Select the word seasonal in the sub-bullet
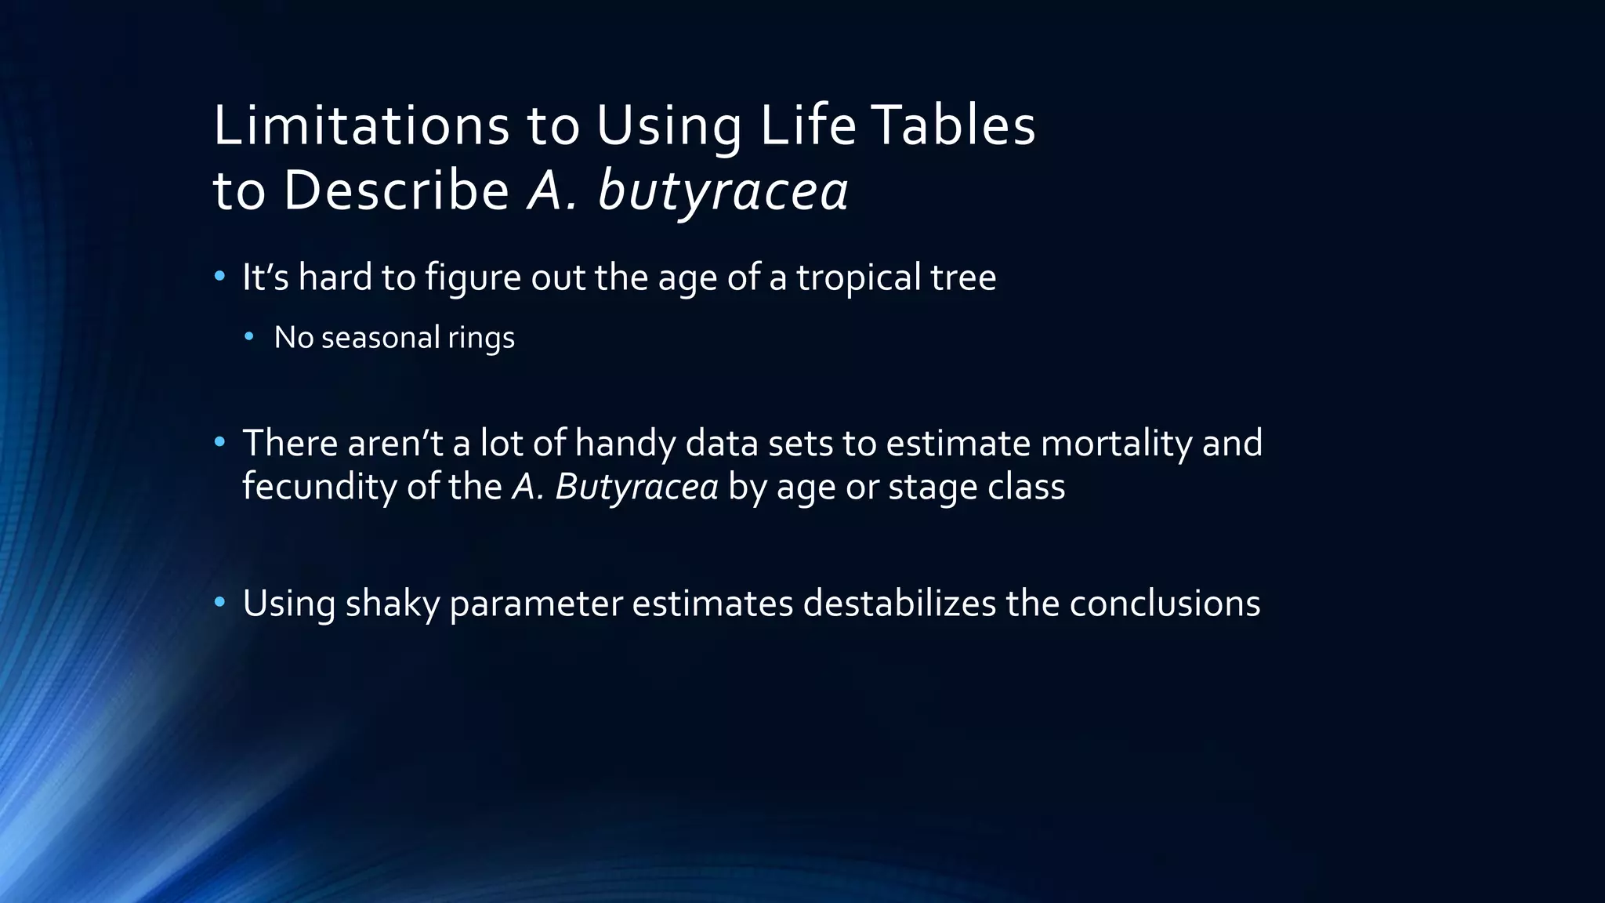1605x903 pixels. click(x=380, y=338)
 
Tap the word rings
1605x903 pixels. click(x=481, y=339)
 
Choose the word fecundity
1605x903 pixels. click(x=319, y=487)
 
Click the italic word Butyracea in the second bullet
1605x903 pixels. click(x=636, y=487)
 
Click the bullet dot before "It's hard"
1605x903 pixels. click(x=220, y=276)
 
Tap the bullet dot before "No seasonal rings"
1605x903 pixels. click(x=249, y=337)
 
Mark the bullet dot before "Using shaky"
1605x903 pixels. click(x=220, y=602)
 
